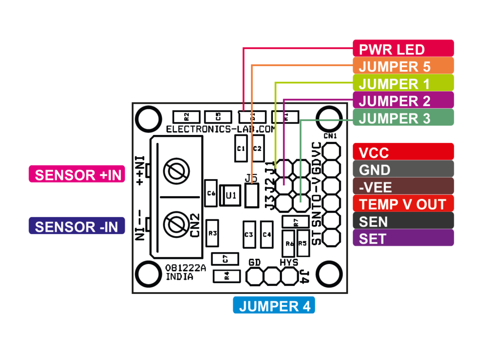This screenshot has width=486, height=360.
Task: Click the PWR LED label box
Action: pos(403,48)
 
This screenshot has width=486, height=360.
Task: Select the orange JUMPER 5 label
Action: pos(403,66)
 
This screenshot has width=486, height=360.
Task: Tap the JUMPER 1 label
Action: pos(403,83)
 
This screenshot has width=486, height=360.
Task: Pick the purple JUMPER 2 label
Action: pos(403,101)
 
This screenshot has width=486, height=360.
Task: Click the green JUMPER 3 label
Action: pos(403,118)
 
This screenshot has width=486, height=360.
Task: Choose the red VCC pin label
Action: pos(403,152)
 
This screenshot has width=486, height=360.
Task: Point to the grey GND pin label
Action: pos(403,170)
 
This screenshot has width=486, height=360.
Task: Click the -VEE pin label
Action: pos(403,187)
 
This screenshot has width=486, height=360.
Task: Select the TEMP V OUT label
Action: pos(403,204)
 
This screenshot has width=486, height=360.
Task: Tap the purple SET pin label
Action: pos(403,238)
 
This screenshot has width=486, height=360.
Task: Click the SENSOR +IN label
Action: pos(76,175)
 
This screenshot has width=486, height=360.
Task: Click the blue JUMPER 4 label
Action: pos(274,306)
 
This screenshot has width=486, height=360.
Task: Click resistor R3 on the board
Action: pos(212,233)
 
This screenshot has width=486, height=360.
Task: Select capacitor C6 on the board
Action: pos(211,193)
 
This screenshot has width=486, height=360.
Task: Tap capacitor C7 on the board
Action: pos(225,259)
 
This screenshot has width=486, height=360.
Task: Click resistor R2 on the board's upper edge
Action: pos(186,116)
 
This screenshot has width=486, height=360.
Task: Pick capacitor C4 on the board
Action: pos(266,234)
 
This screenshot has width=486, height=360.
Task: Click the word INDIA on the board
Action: pos(179,276)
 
